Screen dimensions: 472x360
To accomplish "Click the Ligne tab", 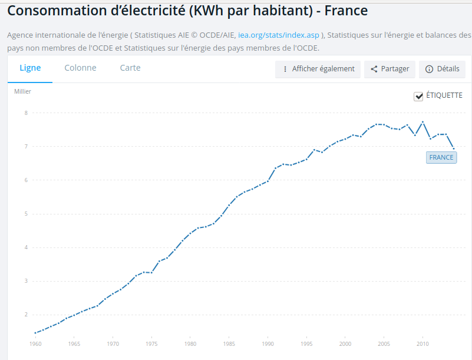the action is pyautogui.click(x=30, y=68).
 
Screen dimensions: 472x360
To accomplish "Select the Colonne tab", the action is pyautogui.click(x=80, y=68).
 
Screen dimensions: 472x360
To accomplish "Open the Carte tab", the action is pyautogui.click(x=130, y=68).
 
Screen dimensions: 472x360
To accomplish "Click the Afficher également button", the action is pyautogui.click(x=318, y=70).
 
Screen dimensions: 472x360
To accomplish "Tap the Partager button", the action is pyautogui.click(x=390, y=70).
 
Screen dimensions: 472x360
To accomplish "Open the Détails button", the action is pyautogui.click(x=442, y=70).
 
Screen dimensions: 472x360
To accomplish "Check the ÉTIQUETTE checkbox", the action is pyautogui.click(x=418, y=96).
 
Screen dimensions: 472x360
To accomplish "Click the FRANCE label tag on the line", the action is pyautogui.click(x=441, y=157).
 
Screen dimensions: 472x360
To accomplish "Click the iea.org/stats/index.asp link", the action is pyautogui.click(x=279, y=35).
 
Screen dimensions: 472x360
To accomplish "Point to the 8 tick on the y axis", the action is pyautogui.click(x=26, y=113).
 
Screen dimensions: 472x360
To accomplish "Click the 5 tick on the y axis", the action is pyautogui.click(x=26, y=214).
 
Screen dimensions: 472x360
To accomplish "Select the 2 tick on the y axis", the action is pyautogui.click(x=26, y=315).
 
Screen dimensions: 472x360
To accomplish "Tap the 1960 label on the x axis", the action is pyautogui.click(x=35, y=344).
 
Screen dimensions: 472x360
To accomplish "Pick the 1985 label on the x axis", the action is pyautogui.click(x=229, y=344).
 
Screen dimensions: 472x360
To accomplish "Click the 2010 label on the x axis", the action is pyautogui.click(x=423, y=344).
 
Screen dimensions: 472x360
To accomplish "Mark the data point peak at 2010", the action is pyautogui.click(x=423, y=122).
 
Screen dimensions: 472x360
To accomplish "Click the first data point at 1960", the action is pyautogui.click(x=35, y=333).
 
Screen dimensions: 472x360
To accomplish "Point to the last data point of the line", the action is pyautogui.click(x=454, y=148).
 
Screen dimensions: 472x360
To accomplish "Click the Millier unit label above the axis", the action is pyautogui.click(x=22, y=91).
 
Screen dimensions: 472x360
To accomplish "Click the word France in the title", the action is pyautogui.click(x=346, y=11).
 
